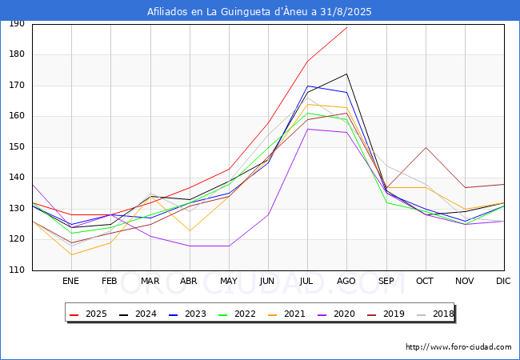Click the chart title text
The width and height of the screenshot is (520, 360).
[259, 12]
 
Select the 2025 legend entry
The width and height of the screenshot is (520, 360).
[88, 314]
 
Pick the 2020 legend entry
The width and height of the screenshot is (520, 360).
[336, 314]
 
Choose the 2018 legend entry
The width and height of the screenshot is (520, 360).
[435, 314]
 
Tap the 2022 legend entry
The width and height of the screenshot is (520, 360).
[237, 314]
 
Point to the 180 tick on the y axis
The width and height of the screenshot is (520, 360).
[17, 54]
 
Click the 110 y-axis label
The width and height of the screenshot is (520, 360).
[17, 270]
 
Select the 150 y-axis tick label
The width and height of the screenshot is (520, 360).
[17, 146]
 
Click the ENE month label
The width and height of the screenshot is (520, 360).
[70, 281]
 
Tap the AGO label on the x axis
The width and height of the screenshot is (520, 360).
[346, 281]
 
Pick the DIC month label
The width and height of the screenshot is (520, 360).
[503, 281]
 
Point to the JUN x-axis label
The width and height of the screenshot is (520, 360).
[267, 281]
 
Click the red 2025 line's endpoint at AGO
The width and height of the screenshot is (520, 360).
[347, 27]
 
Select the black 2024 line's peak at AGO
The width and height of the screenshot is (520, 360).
[347, 74]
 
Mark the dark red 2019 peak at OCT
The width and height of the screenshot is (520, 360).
[426, 147]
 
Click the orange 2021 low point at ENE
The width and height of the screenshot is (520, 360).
[72, 255]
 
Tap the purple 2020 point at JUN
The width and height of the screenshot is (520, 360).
[268, 215]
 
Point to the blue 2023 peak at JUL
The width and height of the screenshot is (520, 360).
[308, 86]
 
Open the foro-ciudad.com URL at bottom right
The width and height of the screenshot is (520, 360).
[458, 347]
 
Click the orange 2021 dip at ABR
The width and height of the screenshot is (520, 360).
[190, 230]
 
